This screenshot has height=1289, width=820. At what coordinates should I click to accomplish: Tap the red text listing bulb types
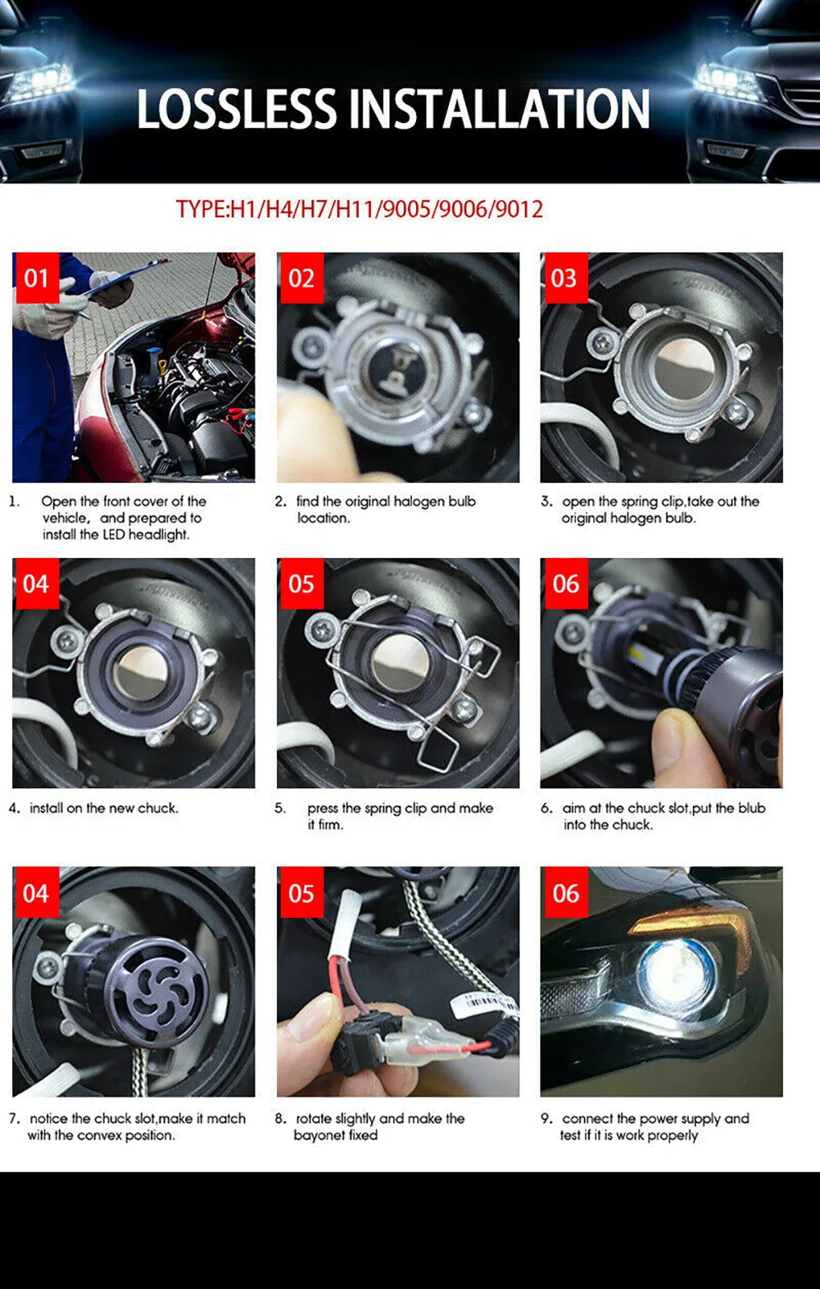pos(359,209)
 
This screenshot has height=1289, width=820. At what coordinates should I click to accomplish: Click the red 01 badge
pos(35,278)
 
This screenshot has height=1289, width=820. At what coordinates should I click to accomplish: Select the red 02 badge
pos(301,278)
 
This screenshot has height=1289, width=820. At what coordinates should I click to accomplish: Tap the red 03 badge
pos(564,278)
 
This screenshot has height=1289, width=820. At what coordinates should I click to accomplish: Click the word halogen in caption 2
pos(419,501)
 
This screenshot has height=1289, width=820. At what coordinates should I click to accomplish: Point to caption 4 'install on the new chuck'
pos(103,808)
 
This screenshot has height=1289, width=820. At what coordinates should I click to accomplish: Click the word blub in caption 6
pos(751,808)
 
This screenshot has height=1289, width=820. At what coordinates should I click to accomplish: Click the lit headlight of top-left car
pos(41,82)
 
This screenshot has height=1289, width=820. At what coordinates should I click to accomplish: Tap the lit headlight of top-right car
pos(725,79)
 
